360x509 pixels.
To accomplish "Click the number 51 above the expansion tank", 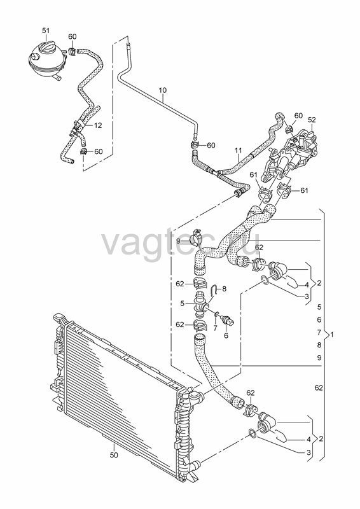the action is [46, 31].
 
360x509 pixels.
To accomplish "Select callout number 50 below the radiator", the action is [114, 455].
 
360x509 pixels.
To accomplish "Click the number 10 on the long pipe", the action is [163, 90].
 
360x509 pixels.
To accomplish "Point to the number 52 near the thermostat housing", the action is [312, 120].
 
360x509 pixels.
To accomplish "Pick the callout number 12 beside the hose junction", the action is [98, 125].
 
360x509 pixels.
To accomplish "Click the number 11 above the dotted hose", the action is [239, 150].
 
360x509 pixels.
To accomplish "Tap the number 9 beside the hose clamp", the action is [178, 241].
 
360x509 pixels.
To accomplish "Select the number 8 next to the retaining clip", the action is [225, 288].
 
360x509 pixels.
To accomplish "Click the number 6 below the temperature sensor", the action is [226, 336].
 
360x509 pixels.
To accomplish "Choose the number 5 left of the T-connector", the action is [183, 303].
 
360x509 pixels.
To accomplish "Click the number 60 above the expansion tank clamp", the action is [73, 36].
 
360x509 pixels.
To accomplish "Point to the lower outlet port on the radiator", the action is [196, 466].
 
